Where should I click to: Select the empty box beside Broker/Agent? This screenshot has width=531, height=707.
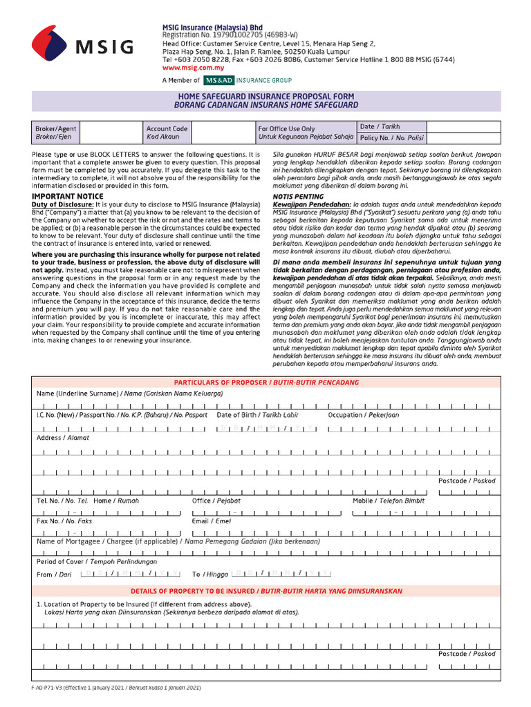109,133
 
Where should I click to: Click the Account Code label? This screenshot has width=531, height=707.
167,128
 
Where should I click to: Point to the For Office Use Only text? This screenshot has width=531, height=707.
286,128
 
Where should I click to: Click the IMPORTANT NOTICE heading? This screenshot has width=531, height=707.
63,197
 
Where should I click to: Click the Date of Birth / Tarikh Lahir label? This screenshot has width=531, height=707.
258,415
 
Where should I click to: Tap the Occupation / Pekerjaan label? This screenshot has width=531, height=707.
363,415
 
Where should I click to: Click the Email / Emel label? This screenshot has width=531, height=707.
212,521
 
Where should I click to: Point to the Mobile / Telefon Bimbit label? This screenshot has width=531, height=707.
389,501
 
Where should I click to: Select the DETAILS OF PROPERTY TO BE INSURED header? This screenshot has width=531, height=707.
266,591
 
